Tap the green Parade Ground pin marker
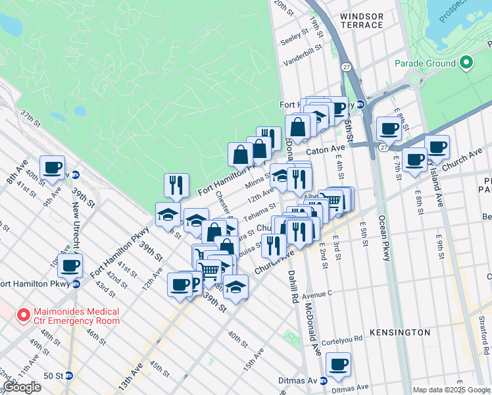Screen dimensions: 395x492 point(466,63)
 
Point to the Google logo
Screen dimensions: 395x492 point(22,387)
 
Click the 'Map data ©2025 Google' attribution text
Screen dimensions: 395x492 point(451,390)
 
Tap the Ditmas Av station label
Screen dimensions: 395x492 point(297,381)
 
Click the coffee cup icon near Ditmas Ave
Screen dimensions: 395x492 point(338,363)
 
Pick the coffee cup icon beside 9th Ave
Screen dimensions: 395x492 point(52,167)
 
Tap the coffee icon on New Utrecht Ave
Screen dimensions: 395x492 point(70,266)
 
